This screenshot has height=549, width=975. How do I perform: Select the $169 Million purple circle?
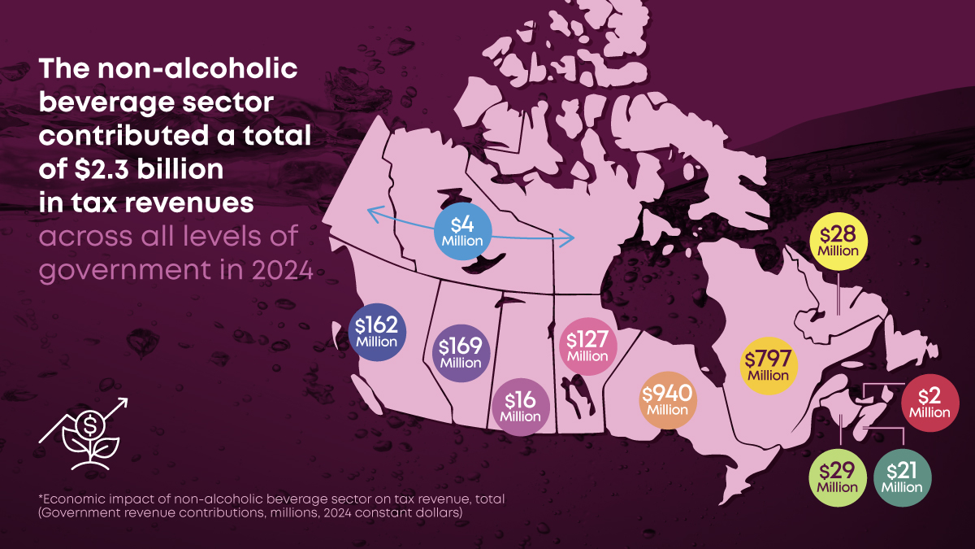tap(461, 353)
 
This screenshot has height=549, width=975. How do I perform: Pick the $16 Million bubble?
tap(520, 407)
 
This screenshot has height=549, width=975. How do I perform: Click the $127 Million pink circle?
tap(587, 346)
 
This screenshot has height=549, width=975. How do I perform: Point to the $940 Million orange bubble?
tap(667, 400)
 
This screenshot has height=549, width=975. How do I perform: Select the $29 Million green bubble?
tap(837, 477)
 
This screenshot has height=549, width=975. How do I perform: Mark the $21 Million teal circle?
tap(903, 477)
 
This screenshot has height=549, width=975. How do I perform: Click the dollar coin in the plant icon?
tap(91, 425)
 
